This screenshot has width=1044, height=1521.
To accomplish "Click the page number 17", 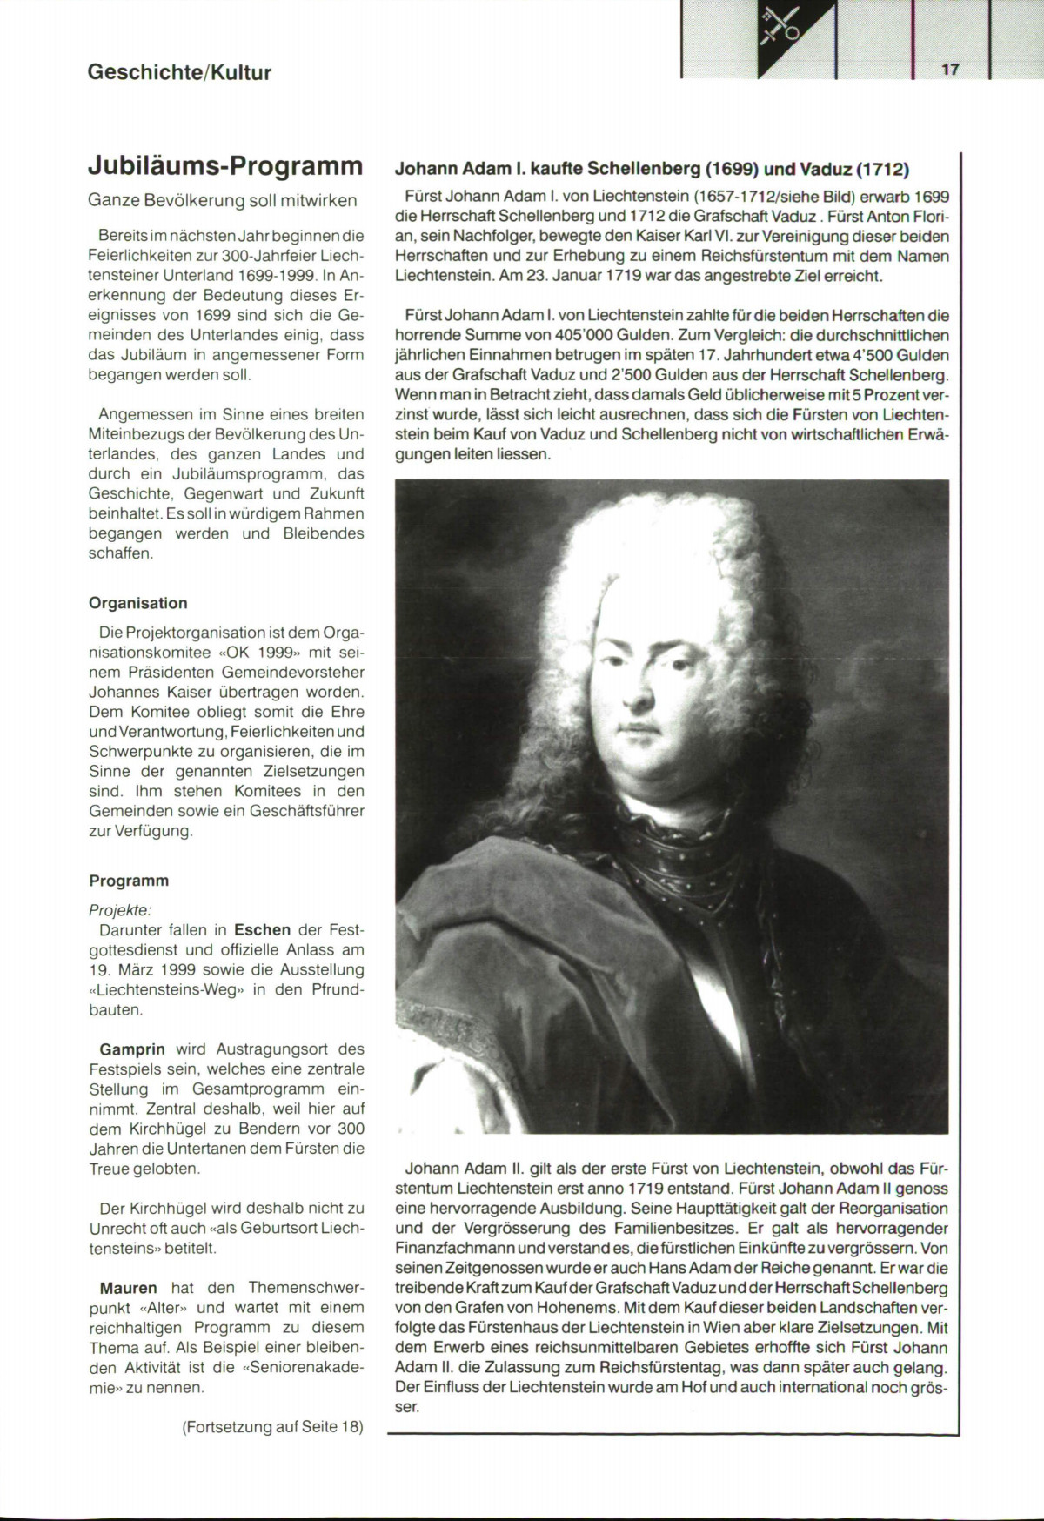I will point(949,70).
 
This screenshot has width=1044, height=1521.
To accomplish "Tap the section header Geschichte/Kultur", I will point(179,72).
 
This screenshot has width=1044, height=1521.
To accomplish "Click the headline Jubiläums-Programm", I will point(225,165).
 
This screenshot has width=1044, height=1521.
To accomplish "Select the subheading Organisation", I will point(138,603).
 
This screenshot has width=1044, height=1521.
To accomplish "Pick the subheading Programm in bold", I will point(129,881).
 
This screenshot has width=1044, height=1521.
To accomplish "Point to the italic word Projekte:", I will point(120,910).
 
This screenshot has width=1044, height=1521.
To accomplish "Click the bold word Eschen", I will point(262,930).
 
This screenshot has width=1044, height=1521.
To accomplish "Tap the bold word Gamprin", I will point(132,1049).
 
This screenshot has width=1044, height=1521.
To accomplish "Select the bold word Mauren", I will point(129,1288).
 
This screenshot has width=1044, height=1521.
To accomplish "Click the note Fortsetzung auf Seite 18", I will point(272,1427).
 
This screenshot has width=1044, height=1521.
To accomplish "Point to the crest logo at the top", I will point(781,26).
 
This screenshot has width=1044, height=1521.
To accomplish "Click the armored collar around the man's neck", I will point(687,857).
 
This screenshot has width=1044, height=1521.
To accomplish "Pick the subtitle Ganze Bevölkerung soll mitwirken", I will point(223,201).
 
